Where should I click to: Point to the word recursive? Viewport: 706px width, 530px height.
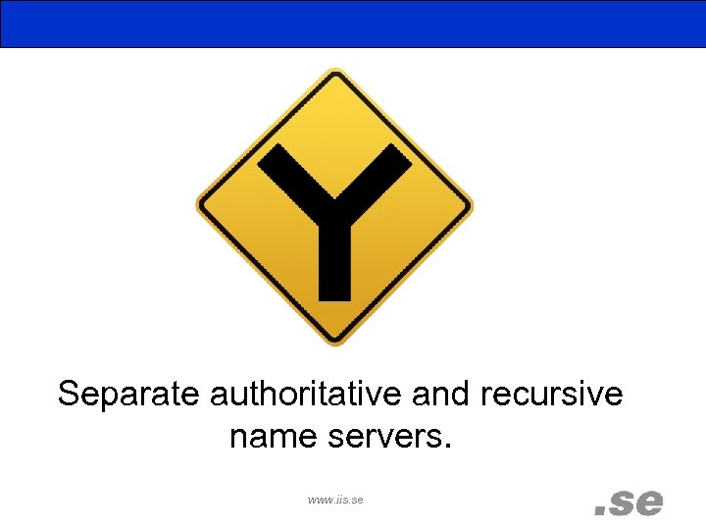(552, 395)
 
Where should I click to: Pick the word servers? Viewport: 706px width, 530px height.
(389, 436)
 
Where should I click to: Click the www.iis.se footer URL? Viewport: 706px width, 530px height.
(335, 500)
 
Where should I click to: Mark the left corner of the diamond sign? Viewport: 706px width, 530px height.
(200, 207)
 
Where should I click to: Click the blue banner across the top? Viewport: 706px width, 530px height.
(353, 24)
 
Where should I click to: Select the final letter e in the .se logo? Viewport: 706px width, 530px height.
(649, 503)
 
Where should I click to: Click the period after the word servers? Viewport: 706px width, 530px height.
(449, 447)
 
